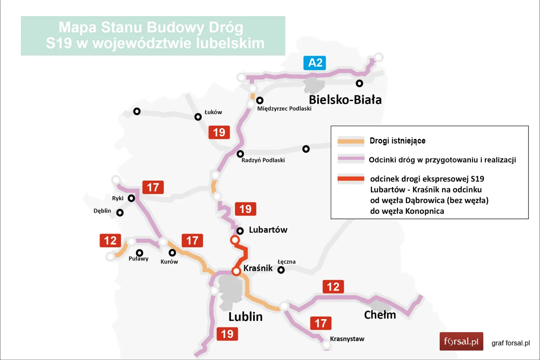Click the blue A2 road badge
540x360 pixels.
coord(315,63)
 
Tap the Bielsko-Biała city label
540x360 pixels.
coord(345,100)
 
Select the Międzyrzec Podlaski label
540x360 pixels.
coord(284,109)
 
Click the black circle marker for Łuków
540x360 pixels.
coord(198,117)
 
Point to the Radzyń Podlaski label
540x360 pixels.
coord(263,160)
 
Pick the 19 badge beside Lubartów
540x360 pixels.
coord(245,209)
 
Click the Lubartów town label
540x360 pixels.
coord(268,230)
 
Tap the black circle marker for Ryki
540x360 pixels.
coord(131,198)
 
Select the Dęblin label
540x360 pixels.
coord(102,211)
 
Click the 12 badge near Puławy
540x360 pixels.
coord(110,241)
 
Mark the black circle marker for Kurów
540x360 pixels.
coord(172,253)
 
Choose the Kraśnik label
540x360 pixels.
coord(258,268)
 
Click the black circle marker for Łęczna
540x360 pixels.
coord(281,270)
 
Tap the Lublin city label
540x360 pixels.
coord(245,317)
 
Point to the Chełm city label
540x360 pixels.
coord(380,315)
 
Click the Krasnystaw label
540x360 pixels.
coord(347,339)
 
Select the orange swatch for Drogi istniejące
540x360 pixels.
coord(351,141)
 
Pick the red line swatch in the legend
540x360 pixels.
coord(351,179)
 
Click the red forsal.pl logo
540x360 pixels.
coord(461,341)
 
